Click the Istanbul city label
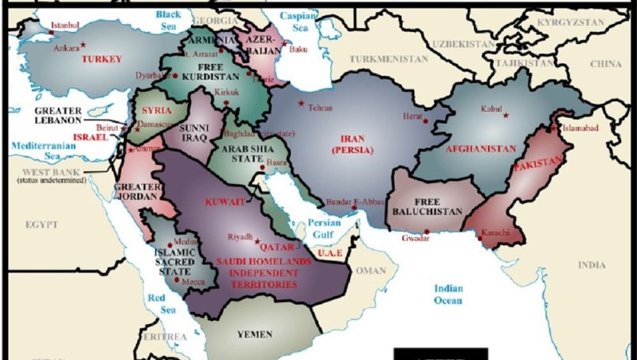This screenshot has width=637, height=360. click(64, 25)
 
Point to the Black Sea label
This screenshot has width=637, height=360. click(168, 19)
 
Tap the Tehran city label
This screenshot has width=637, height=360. click(319, 107)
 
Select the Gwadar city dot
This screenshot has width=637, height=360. click(427, 232)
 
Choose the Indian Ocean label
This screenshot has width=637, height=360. click(447, 294)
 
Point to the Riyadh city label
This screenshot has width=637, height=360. click(240, 237)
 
